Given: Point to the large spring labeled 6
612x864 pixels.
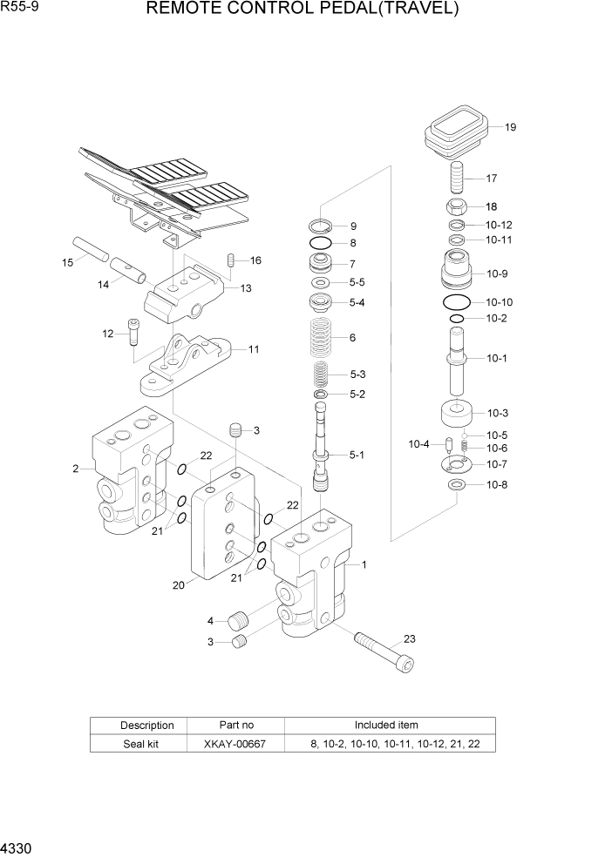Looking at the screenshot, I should [x=322, y=337].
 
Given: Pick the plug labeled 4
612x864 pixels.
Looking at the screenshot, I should [x=237, y=622].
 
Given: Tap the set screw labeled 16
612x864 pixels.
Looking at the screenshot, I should [x=231, y=260].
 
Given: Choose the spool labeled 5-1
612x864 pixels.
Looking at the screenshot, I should [x=322, y=453].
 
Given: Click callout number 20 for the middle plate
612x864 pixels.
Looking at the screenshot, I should [x=178, y=585].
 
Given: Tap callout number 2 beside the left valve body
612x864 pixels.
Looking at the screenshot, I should [x=77, y=469].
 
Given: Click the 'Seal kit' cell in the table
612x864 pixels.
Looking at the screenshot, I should [x=134, y=744].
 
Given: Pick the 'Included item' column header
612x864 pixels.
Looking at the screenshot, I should [x=385, y=725].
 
